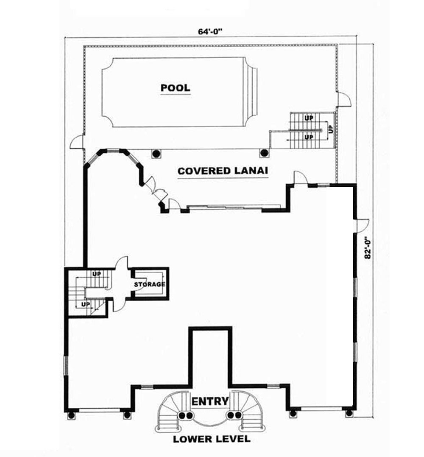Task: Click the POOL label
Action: click(x=175, y=88)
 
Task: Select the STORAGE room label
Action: click(x=149, y=284)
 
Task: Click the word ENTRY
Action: click(x=210, y=401)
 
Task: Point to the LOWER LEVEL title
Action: click(x=211, y=439)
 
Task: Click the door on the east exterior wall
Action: click(x=363, y=225)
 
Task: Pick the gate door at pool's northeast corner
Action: click(x=344, y=99)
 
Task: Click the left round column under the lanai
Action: click(x=156, y=153)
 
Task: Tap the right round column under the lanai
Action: click(x=264, y=152)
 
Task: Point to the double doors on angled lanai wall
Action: click(x=155, y=190)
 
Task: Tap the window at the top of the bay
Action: click(x=113, y=150)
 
